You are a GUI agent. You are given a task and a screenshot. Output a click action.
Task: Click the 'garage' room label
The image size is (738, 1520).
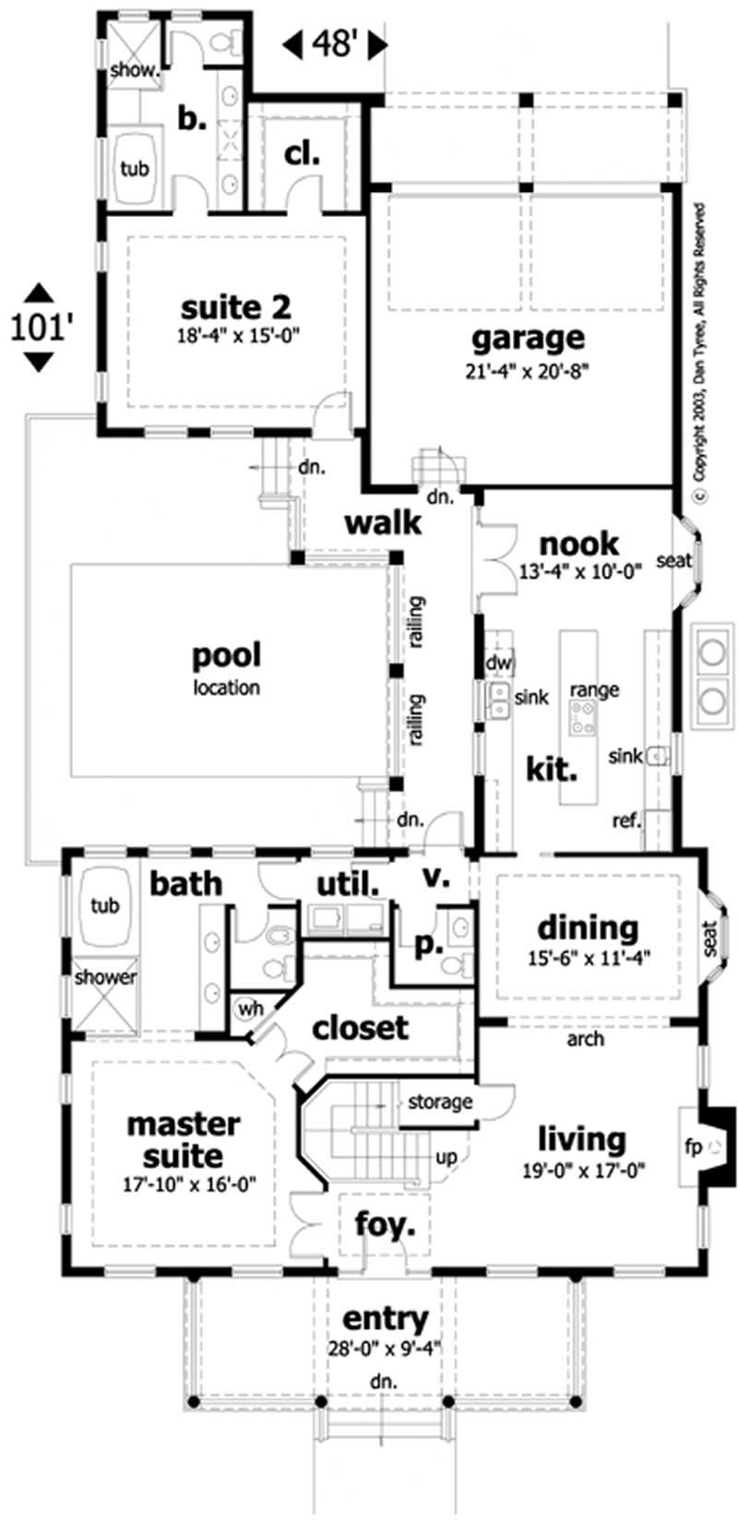pos(528,338)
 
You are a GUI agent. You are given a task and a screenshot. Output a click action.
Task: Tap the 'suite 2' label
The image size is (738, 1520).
pos(239,305)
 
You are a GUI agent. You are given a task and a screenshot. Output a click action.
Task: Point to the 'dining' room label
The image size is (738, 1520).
pos(588,927)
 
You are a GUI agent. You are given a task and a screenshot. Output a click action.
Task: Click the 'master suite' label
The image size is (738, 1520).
pos(183,1140)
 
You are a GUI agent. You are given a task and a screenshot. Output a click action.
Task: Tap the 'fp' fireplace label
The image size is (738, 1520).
pos(693,1147)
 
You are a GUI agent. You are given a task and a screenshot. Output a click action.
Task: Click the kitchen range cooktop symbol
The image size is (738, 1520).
pos(582,716)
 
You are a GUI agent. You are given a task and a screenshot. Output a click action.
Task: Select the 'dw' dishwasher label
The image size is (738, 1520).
pos(498,663)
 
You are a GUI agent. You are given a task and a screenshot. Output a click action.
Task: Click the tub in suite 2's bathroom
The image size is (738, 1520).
pos(134,169)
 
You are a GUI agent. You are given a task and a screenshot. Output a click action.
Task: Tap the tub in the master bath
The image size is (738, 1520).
pos(104,905)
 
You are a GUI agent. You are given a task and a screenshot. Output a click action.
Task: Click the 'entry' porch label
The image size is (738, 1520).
pos(385,1318)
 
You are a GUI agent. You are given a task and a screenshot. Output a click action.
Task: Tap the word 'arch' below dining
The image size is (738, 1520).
pos(585,1039)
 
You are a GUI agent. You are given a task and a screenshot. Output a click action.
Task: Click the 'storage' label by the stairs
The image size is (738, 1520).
pos(439,1101)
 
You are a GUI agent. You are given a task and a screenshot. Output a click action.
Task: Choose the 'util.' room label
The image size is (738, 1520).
pos(348,884)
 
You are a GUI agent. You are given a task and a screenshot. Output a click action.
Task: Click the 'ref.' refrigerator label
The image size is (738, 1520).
pos(626,820)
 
